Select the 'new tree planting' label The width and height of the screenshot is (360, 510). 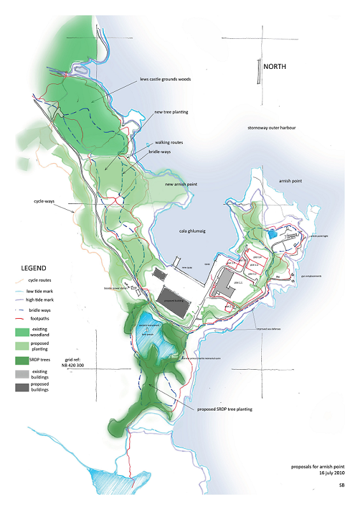click(x=170, y=112)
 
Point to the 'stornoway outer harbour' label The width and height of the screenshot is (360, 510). click(x=271, y=127)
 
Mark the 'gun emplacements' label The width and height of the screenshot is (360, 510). click(x=310, y=276)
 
